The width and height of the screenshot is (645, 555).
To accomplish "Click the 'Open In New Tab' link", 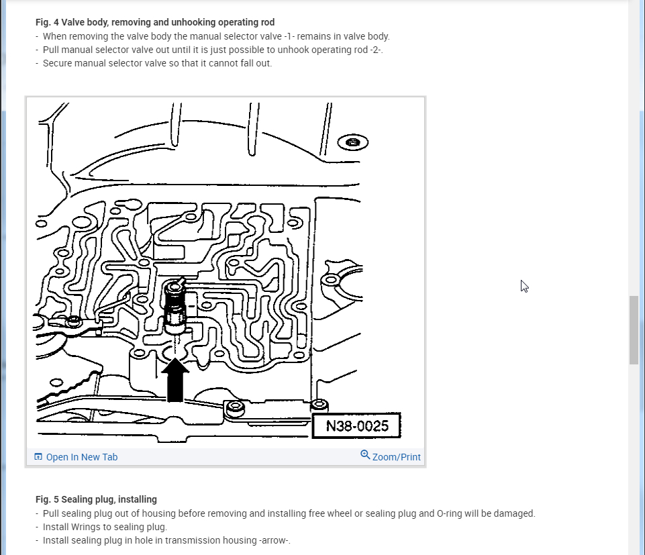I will pos(81,457).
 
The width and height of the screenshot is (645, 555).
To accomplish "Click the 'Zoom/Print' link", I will pos(396,457).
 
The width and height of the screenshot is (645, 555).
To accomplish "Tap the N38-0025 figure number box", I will pos(356,426).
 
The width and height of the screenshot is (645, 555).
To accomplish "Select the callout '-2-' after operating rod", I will pos(373,50).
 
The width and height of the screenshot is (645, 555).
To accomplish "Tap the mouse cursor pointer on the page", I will pos(524,285).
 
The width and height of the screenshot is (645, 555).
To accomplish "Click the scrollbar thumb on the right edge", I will pos(633,330).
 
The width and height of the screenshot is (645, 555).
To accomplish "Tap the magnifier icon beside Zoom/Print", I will pos(365,455).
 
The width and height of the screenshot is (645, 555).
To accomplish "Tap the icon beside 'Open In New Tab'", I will pos(38,457).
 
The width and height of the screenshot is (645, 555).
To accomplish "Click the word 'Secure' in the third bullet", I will pos(58,63).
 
